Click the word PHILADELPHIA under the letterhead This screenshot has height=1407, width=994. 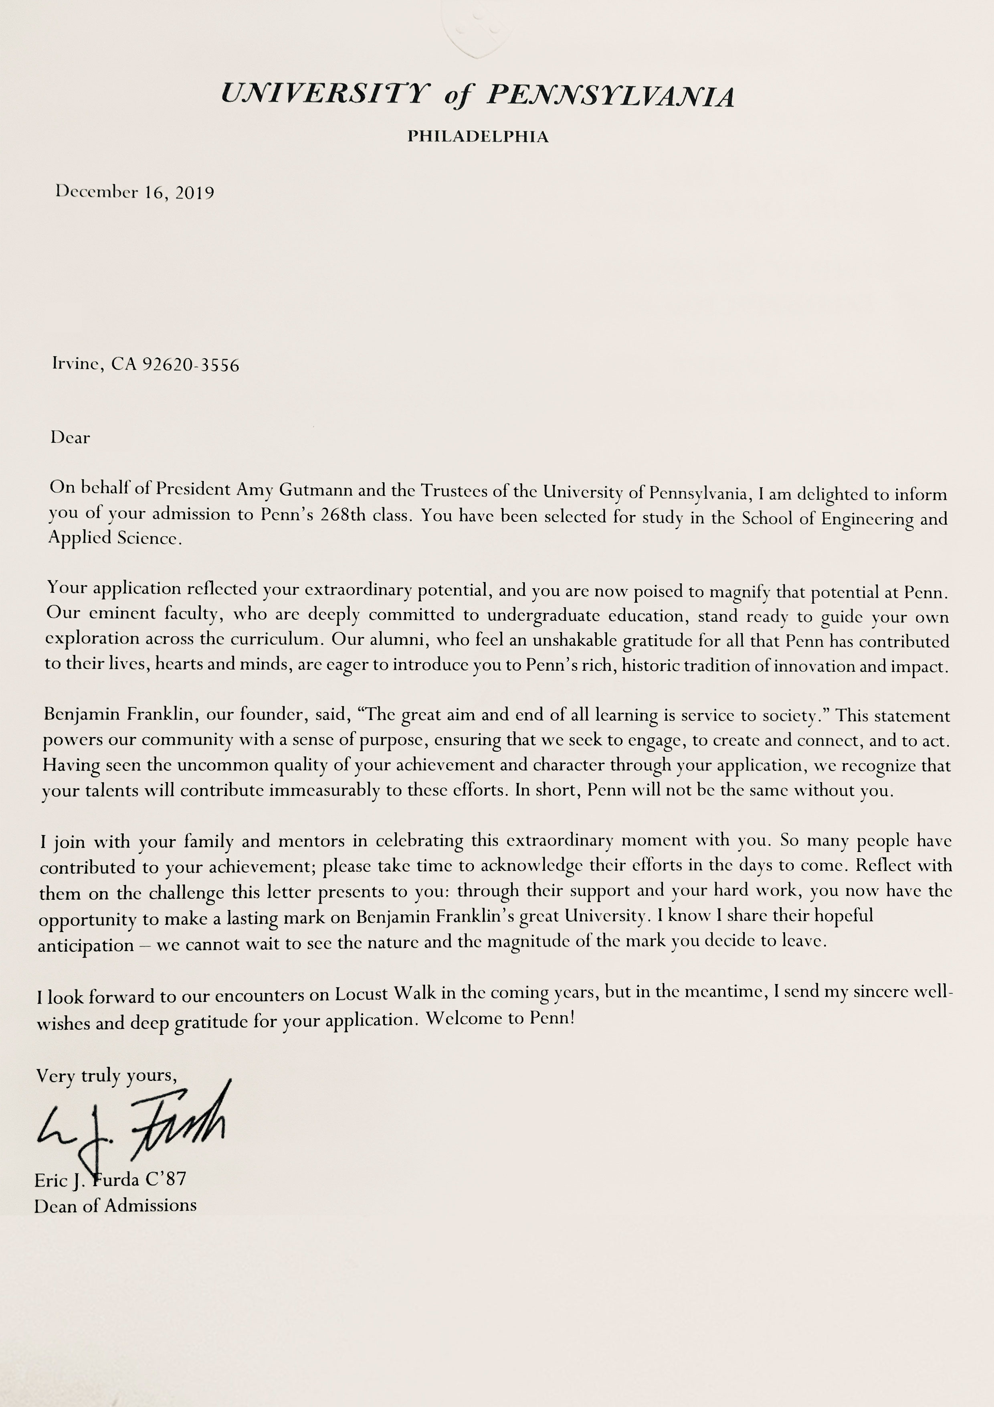click(478, 137)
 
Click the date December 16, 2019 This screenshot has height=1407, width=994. click(135, 193)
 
